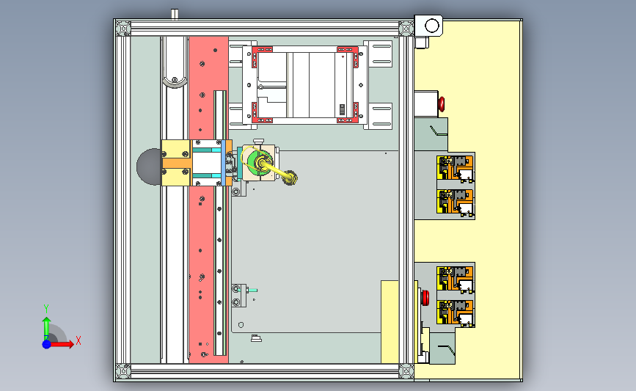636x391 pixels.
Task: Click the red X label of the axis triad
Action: [78, 340]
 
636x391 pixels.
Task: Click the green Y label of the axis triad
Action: [46, 309]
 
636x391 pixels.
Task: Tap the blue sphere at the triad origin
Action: [47, 344]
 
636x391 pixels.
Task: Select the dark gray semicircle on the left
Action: [149, 167]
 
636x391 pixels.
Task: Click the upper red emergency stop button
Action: [442, 104]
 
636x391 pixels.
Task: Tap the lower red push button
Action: [425, 297]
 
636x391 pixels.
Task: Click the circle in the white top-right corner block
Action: [432, 26]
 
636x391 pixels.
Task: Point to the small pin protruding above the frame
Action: [175, 14]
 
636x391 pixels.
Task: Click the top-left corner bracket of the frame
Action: [123, 29]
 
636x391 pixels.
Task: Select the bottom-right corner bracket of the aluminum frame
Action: [406, 370]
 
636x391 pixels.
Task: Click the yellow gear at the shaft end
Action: [290, 178]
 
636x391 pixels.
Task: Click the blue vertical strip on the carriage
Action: [224, 163]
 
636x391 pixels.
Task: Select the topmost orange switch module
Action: [455, 168]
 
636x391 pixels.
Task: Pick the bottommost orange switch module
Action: [455, 313]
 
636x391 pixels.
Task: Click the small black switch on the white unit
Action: [342, 109]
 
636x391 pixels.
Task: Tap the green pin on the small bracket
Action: [252, 290]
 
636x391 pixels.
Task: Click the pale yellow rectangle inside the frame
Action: [390, 321]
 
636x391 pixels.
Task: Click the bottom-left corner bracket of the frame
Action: [123, 370]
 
